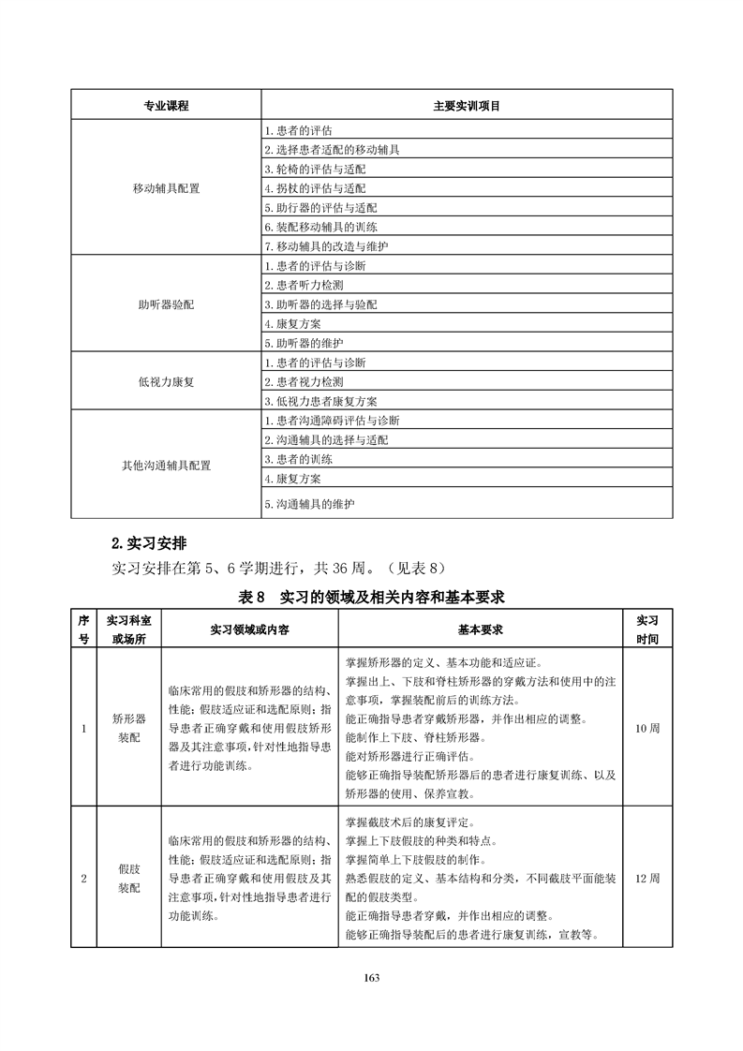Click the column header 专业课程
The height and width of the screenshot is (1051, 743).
point(166,106)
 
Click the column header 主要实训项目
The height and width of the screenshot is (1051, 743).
point(466,106)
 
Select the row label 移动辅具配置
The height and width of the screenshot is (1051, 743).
point(166,188)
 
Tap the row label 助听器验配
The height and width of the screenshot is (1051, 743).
point(166,305)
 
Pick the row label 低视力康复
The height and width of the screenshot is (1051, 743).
point(166,382)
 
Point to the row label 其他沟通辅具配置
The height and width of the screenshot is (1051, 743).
point(166,465)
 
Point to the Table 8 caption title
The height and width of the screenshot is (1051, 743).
point(372,597)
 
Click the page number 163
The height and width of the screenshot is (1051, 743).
point(371,978)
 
